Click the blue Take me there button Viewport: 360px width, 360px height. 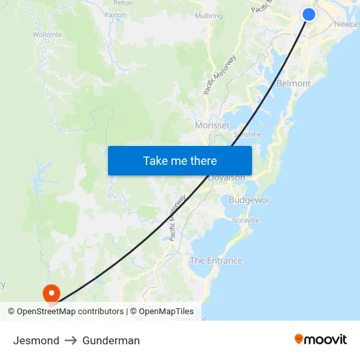pyautogui.click(x=180, y=160)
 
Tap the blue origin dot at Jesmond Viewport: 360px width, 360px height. pyautogui.click(x=309, y=14)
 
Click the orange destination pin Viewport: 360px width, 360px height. pyautogui.click(x=50, y=293)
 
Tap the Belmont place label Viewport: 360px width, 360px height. pyautogui.click(x=294, y=84)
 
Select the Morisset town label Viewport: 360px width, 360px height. pyautogui.click(x=212, y=125)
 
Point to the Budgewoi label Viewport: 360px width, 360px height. pyautogui.click(x=249, y=200)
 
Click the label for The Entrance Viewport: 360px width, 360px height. pyautogui.click(x=216, y=261)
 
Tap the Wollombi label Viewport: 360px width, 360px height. pyautogui.click(x=47, y=34)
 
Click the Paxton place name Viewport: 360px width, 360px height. pyautogui.click(x=115, y=14)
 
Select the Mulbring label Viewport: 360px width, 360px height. pyautogui.click(x=209, y=16)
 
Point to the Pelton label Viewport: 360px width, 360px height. pyautogui.click(x=123, y=3)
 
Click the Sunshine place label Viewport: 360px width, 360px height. pyautogui.click(x=247, y=135)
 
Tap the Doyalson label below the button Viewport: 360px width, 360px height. pyautogui.click(x=226, y=178)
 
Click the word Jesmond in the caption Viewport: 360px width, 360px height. pyautogui.click(x=36, y=340)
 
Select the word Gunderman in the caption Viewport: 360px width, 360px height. pyautogui.click(x=111, y=340)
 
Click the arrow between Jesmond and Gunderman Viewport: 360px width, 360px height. pyautogui.click(x=71, y=340)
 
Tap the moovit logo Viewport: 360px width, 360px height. pyautogui.click(x=321, y=339)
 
